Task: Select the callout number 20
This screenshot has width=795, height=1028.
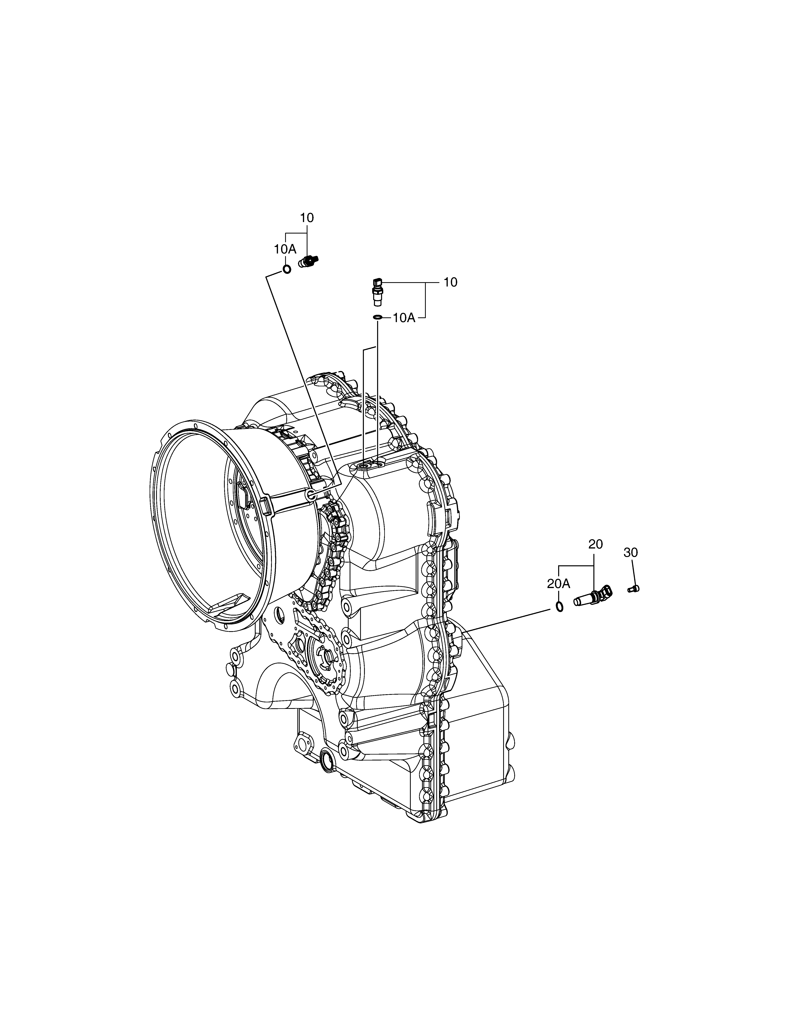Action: [x=595, y=544]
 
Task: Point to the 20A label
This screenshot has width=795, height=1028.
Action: [x=559, y=584]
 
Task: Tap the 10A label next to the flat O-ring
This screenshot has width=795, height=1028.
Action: [x=404, y=318]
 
